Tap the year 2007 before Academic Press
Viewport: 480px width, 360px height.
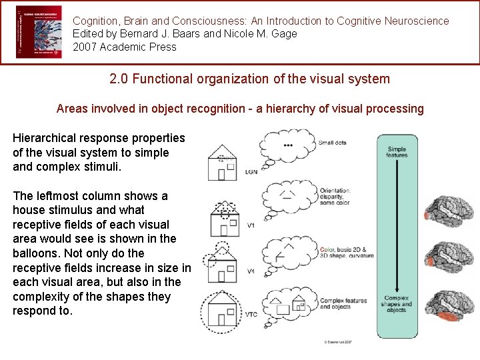click(85, 47)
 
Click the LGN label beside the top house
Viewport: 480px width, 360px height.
click(251, 172)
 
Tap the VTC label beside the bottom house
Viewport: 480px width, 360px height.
click(251, 315)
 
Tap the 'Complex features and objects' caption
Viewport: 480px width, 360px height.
click(343, 303)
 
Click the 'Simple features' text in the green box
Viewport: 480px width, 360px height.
click(397, 152)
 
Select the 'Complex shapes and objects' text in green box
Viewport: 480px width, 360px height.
click(397, 303)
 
